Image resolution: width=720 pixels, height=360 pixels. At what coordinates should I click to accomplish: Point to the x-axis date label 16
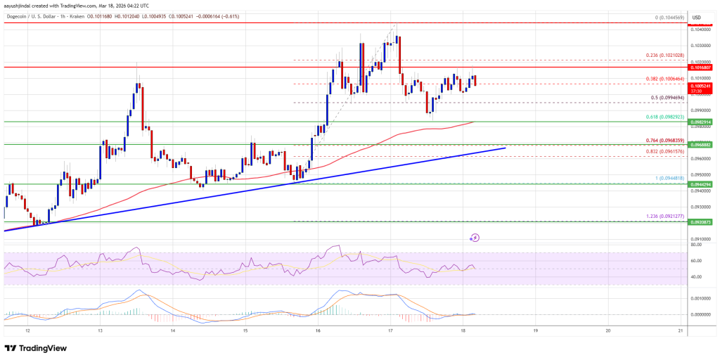[x=318, y=330]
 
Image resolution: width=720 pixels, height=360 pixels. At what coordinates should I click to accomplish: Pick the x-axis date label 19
[x=535, y=330]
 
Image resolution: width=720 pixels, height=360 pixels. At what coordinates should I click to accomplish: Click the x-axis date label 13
[x=100, y=330]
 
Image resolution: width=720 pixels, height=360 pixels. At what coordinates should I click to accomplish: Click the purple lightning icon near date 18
[x=475, y=238]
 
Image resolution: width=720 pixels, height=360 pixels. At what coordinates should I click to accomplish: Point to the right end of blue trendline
[x=505, y=148]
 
